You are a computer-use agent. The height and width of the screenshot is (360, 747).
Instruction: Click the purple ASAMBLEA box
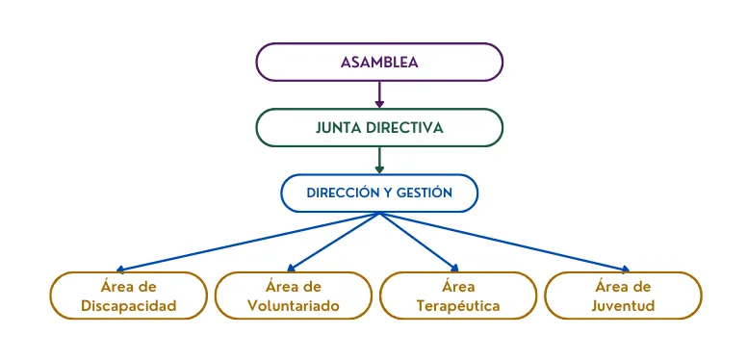click(x=379, y=62)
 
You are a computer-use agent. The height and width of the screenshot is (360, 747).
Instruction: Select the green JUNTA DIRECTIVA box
click(x=379, y=127)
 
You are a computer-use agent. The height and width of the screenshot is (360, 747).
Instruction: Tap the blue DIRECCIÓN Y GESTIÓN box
click(x=379, y=193)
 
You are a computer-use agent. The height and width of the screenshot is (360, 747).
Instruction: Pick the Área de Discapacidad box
click(x=128, y=296)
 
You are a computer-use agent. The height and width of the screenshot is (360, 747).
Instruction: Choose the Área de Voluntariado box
click(x=293, y=296)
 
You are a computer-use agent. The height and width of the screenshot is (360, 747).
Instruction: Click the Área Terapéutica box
click(x=458, y=296)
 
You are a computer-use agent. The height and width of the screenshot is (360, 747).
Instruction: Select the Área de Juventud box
click(x=624, y=296)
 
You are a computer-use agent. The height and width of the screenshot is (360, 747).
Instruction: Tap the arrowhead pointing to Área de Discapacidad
click(x=120, y=270)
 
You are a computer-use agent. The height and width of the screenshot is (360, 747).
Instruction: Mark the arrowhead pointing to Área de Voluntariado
click(x=292, y=268)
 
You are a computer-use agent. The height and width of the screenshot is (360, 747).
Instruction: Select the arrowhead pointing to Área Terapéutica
click(x=454, y=268)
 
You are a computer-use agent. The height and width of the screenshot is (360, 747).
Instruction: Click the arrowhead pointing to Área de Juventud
click(x=625, y=270)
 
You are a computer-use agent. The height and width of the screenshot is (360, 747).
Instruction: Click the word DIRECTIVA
click(x=408, y=127)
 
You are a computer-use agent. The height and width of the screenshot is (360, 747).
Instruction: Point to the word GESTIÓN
click(x=424, y=193)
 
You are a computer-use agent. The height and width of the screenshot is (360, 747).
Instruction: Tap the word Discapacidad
click(x=128, y=306)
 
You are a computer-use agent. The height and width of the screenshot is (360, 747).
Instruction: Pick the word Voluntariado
click(x=293, y=306)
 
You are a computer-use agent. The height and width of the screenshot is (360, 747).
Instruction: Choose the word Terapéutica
click(x=458, y=306)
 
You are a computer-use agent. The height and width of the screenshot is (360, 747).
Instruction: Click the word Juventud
click(x=624, y=306)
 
